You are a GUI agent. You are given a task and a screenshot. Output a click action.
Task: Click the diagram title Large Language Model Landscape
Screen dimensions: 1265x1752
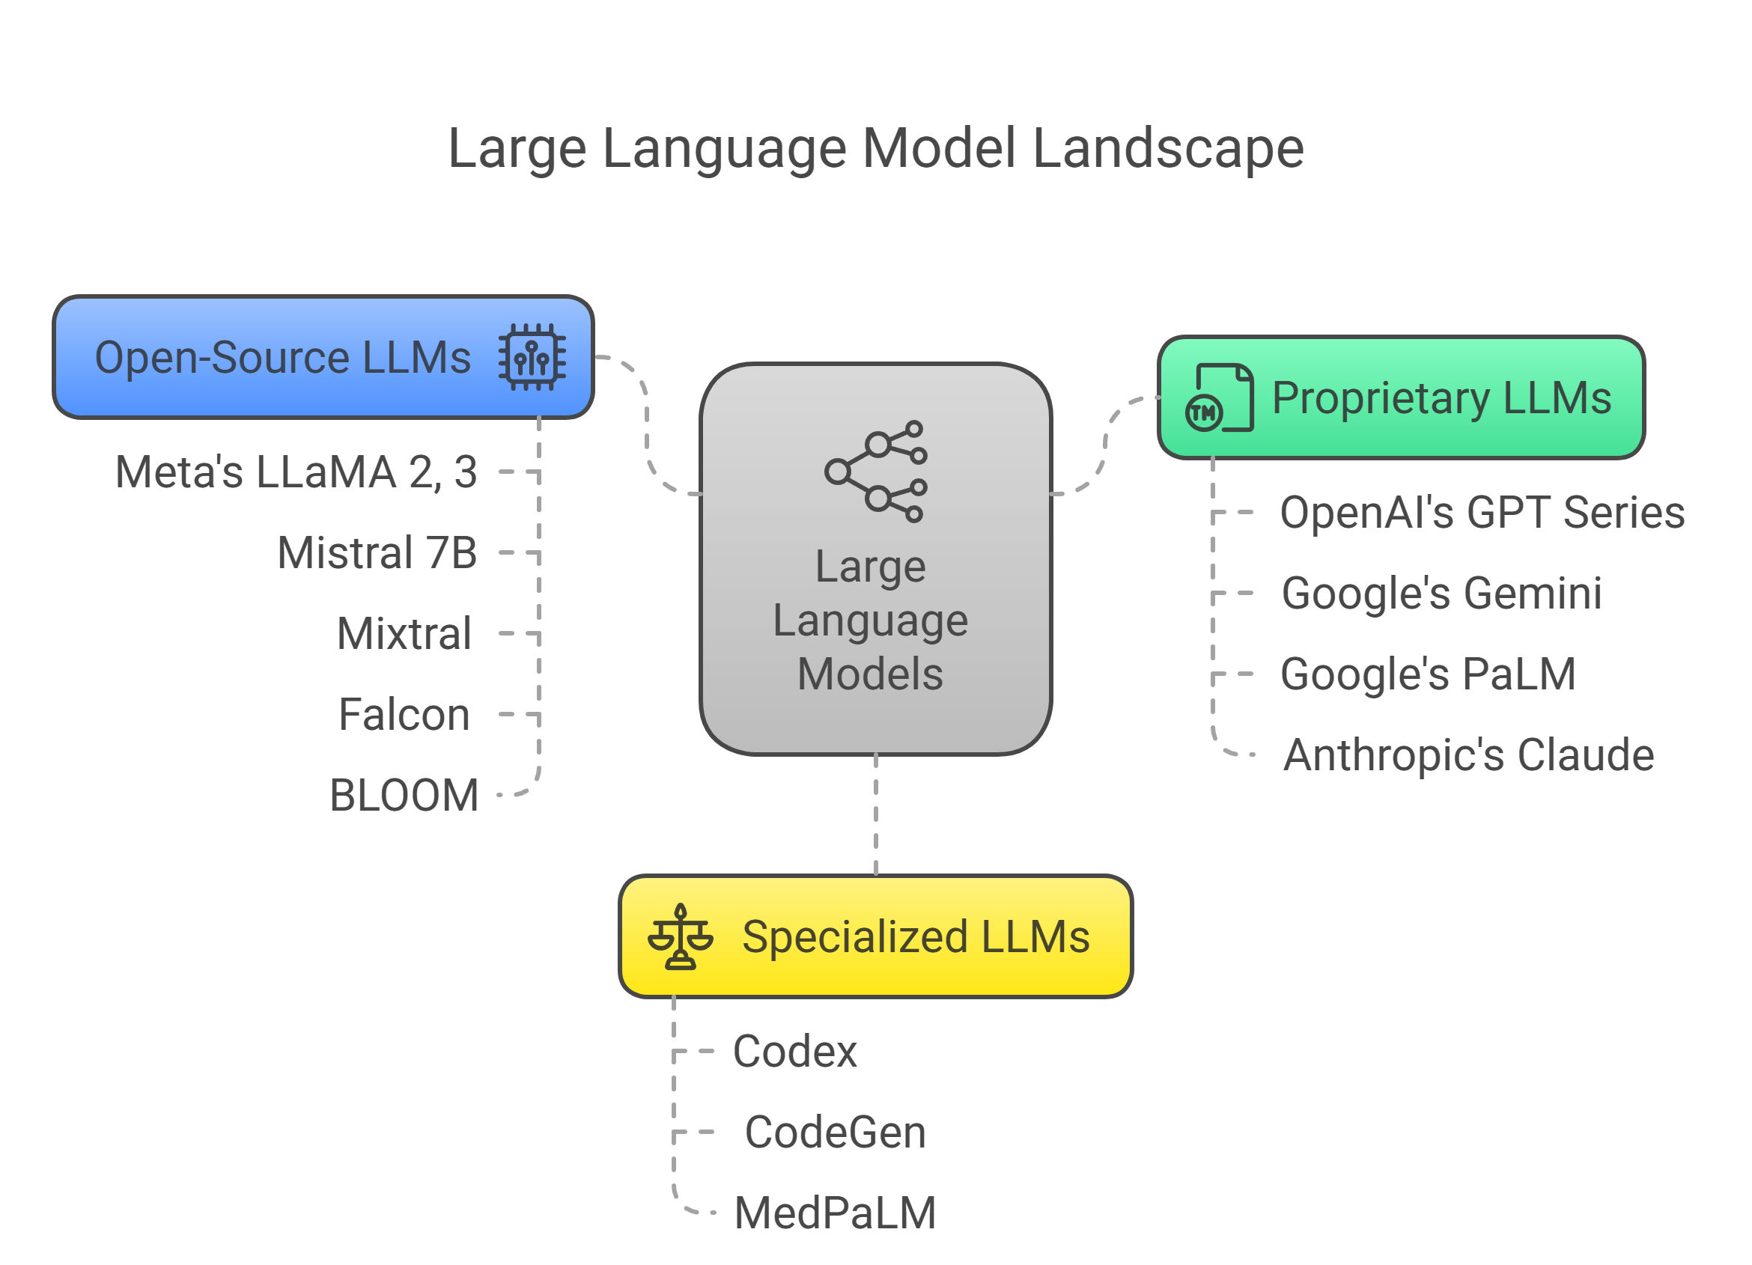[x=875, y=148]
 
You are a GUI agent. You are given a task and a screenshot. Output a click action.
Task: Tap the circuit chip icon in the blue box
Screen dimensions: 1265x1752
[x=532, y=357]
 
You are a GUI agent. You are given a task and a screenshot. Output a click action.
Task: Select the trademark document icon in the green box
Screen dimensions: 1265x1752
[x=1219, y=397]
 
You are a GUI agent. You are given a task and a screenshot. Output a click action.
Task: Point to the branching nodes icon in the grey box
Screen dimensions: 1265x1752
[x=875, y=471]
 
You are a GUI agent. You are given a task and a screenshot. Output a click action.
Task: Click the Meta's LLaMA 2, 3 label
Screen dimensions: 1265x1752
[x=296, y=472]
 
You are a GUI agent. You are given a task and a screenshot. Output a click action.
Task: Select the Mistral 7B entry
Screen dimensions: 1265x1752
[x=377, y=553]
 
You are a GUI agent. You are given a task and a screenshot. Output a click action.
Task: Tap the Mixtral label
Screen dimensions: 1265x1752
[x=404, y=634]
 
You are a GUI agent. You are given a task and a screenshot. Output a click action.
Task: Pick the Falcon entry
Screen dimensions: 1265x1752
[x=404, y=714]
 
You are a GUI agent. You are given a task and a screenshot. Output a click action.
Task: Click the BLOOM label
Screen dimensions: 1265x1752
[x=404, y=796]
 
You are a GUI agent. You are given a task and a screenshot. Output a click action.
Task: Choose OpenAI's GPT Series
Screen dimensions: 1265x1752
[x=1482, y=513]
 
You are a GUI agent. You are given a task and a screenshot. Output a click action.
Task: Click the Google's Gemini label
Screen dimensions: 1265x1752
[x=1441, y=593]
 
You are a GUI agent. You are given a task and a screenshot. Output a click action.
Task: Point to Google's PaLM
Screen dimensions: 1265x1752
[x=1428, y=674]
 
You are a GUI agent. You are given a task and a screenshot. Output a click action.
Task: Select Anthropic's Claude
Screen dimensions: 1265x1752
[x=1468, y=755]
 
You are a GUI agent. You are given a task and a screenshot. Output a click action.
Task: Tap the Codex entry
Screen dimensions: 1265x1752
[x=795, y=1052]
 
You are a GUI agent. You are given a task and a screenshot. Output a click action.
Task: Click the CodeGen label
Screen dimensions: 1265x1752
[x=835, y=1133]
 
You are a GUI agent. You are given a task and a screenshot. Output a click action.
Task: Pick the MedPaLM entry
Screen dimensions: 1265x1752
[x=835, y=1213]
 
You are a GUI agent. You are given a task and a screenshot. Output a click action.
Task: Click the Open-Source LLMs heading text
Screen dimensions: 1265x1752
[x=283, y=358]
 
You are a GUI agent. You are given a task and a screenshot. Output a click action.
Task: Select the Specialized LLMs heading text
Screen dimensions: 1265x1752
[x=916, y=937]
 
